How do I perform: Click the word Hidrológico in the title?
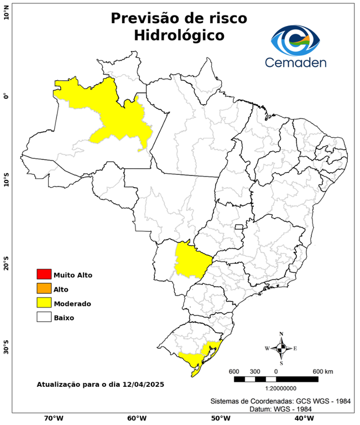179,35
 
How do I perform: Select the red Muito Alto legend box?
44,274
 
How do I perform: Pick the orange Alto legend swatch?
44,289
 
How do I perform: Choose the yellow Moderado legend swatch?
44,303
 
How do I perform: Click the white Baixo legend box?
44,318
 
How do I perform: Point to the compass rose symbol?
281,348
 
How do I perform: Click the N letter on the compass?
281,334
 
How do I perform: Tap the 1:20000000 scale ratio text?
276,389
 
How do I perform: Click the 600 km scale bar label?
322,371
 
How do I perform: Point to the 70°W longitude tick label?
53,418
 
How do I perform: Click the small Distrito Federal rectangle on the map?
239,226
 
